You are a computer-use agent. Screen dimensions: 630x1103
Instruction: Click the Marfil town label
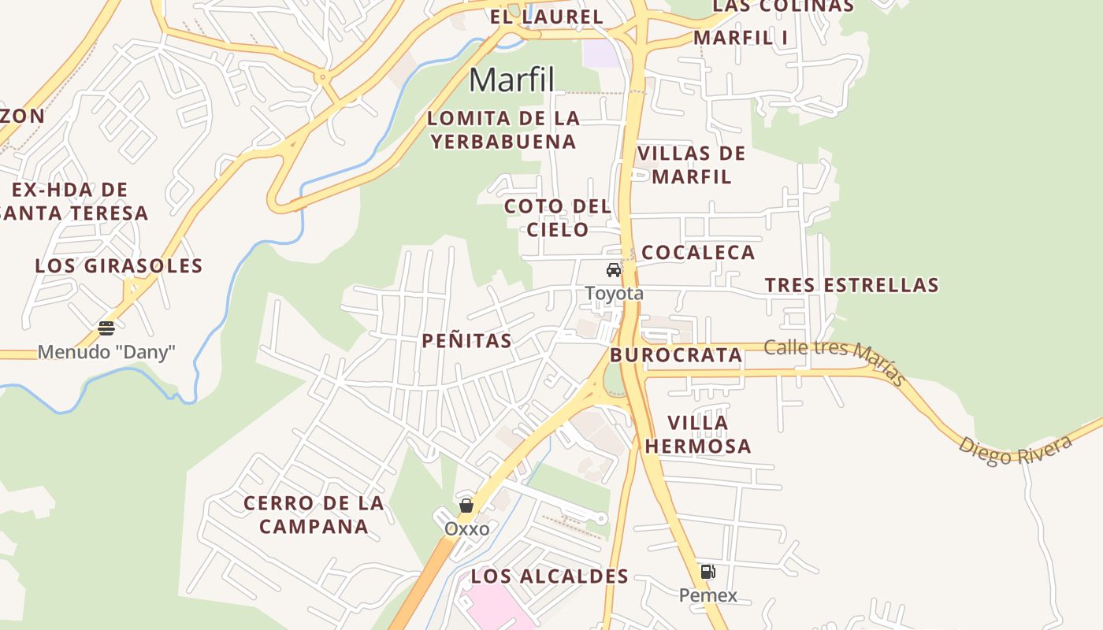click(x=512, y=80)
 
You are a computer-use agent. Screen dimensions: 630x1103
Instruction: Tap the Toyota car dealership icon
click(x=614, y=270)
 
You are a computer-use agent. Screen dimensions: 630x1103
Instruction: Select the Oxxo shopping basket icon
click(x=466, y=505)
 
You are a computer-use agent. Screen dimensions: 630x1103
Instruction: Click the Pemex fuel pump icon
click(x=707, y=572)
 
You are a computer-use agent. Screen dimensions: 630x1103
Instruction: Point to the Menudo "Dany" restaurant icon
click(x=106, y=328)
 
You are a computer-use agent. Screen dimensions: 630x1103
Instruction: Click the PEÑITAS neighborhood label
click(x=466, y=341)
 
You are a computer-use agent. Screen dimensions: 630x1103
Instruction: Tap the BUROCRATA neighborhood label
click(x=676, y=355)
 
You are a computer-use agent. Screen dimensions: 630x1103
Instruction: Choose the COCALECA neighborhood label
click(x=698, y=253)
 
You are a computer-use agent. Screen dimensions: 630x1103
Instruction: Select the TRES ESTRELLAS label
click(x=852, y=285)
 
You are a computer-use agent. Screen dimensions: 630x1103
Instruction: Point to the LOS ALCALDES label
click(x=550, y=576)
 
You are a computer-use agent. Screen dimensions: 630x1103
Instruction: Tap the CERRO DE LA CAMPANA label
click(x=314, y=515)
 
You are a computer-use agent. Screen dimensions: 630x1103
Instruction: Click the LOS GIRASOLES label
click(x=119, y=266)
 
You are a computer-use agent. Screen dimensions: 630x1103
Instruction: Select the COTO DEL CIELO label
click(x=558, y=218)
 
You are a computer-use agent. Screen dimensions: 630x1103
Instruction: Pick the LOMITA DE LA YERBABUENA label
click(x=503, y=131)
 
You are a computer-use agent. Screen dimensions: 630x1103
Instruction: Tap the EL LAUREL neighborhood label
click(x=546, y=17)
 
